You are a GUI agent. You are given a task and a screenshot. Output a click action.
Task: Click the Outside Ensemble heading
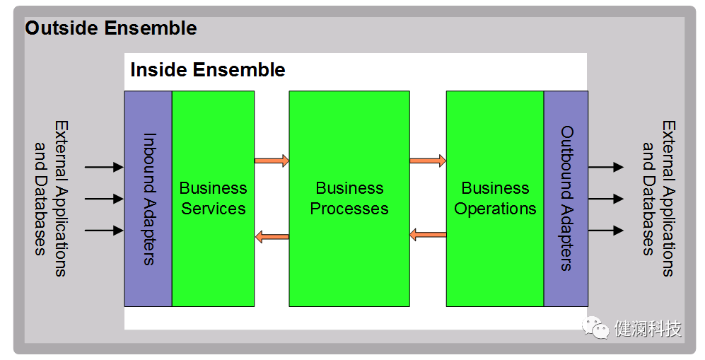click(111, 28)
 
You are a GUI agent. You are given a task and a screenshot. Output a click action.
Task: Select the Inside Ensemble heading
click(208, 70)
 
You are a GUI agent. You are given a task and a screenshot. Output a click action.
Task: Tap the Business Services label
click(213, 199)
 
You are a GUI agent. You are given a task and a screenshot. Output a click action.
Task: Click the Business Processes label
click(349, 199)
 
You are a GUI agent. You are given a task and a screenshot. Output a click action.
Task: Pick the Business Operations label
click(495, 199)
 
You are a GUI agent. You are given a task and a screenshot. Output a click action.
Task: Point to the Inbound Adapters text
click(148, 199)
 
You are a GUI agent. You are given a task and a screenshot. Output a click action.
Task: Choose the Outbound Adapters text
click(566, 199)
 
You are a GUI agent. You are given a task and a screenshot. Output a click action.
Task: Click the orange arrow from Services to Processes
click(272, 161)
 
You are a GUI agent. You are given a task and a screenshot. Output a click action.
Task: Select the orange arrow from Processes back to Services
click(272, 237)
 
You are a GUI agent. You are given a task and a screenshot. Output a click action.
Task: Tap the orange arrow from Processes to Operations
click(428, 161)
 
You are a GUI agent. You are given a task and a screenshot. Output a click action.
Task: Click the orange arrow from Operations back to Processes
click(428, 235)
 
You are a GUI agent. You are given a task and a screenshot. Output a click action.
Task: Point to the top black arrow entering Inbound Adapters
click(104, 167)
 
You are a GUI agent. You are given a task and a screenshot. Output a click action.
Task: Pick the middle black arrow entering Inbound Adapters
click(104, 199)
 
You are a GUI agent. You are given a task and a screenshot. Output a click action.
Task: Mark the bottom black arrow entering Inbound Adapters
click(104, 231)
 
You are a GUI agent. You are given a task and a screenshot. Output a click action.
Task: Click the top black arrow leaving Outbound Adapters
click(606, 167)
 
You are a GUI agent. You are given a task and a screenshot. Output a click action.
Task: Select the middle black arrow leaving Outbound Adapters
click(606, 199)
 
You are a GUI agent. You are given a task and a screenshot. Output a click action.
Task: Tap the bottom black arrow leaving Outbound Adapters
click(606, 231)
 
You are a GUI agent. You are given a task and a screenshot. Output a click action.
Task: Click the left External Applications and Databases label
click(52, 199)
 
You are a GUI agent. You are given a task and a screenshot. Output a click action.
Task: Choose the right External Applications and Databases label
click(658, 199)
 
